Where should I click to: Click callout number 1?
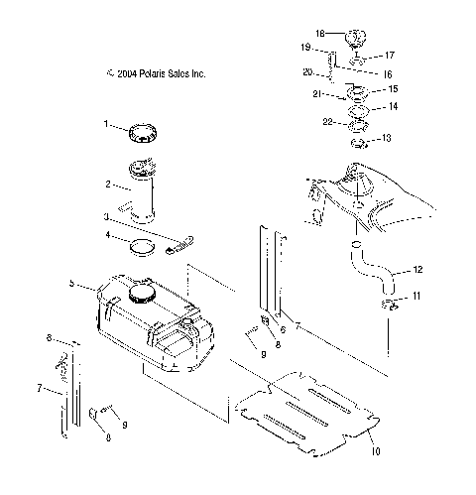pos(104,124)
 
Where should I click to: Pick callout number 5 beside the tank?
pos(72,283)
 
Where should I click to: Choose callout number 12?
pos(417,269)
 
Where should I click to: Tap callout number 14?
pos(394,106)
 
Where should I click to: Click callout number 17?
pos(390,56)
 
